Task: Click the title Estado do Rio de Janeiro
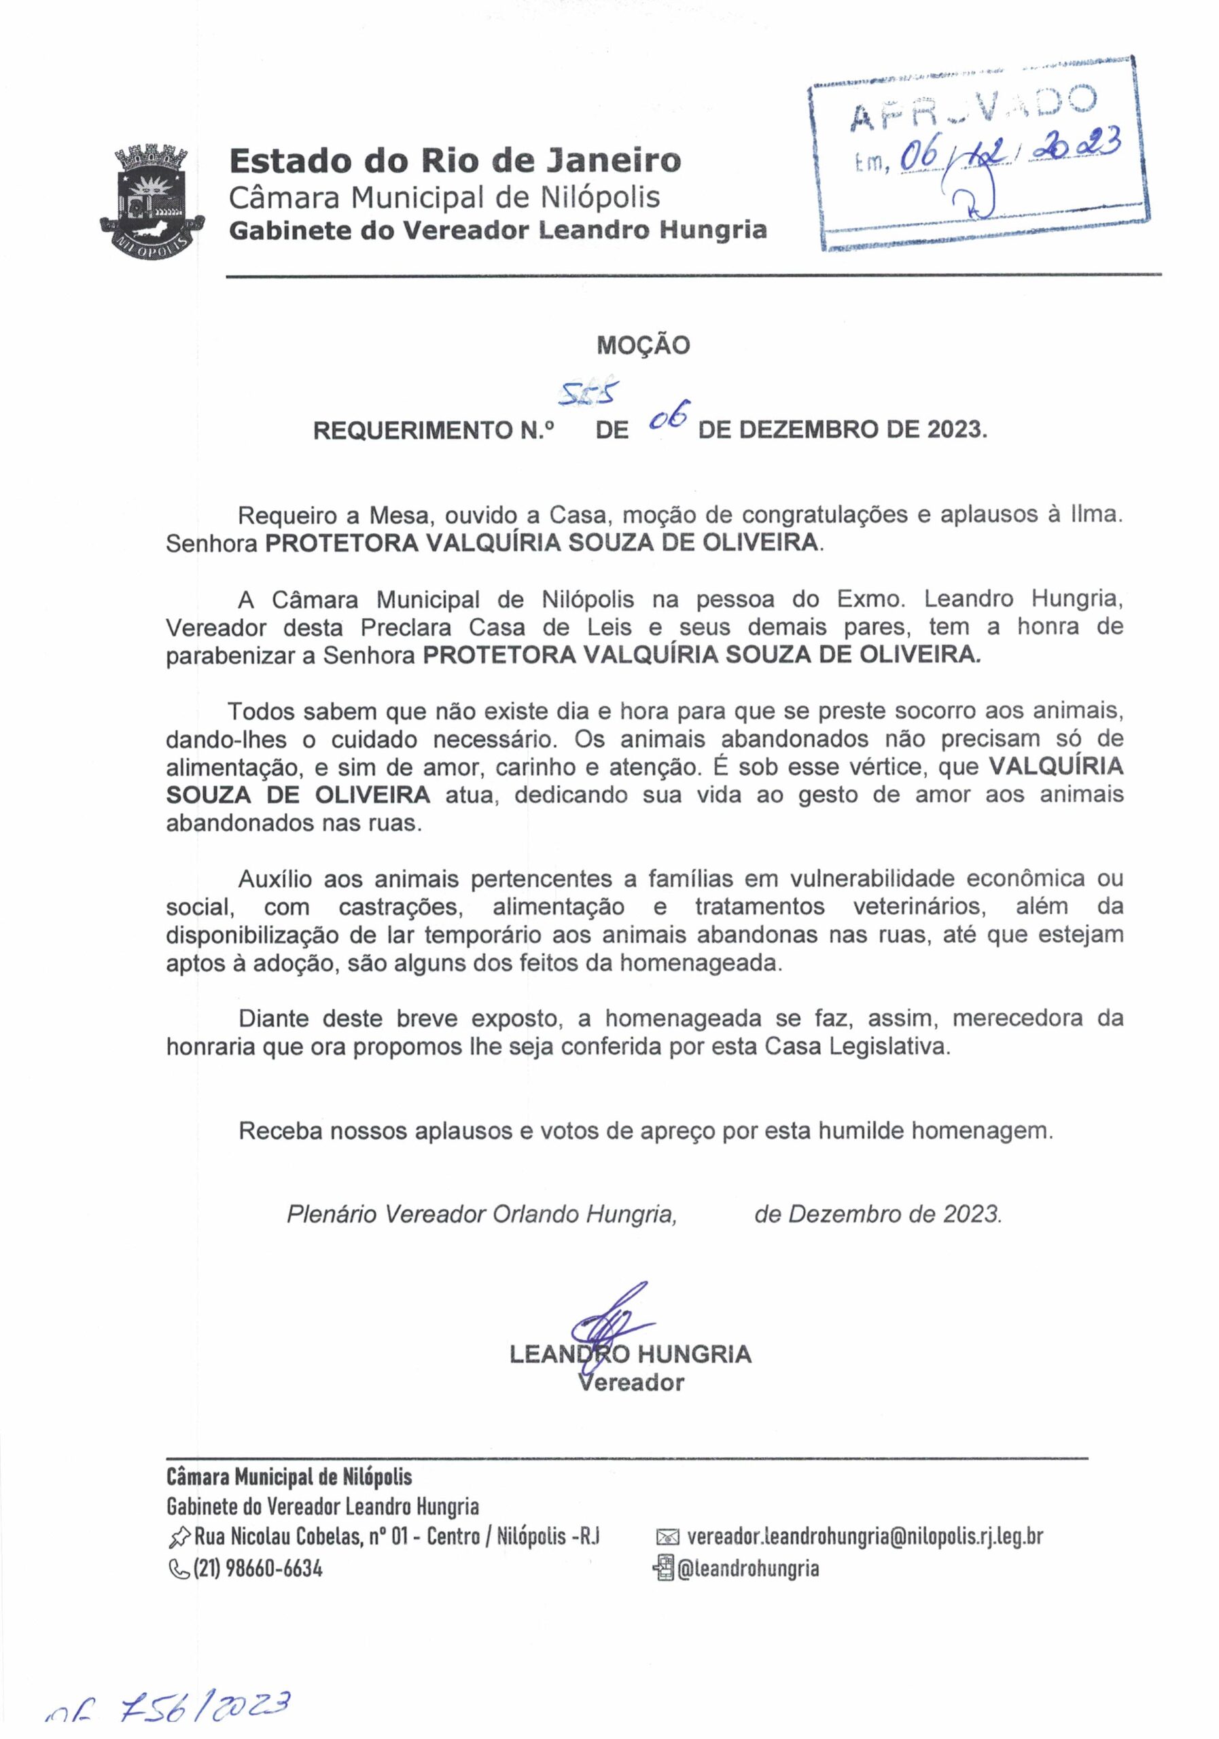click(455, 160)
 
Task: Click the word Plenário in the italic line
click(331, 1214)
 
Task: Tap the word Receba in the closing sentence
click(277, 1131)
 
